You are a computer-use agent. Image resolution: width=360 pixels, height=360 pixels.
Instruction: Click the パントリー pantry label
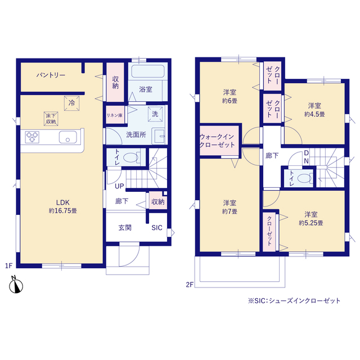(x=51, y=75)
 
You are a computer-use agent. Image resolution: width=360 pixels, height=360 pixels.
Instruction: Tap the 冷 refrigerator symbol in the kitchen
(x=71, y=103)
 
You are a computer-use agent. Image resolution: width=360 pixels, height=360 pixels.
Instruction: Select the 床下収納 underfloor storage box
(x=51, y=119)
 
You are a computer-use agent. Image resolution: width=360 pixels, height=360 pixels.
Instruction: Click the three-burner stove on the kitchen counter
(x=32, y=137)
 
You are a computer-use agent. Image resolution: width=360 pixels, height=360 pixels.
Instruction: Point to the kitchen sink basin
(x=67, y=137)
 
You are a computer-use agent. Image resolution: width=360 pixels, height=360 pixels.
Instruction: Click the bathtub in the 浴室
(x=148, y=71)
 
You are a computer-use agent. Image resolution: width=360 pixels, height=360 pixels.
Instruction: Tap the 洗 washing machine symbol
(x=155, y=114)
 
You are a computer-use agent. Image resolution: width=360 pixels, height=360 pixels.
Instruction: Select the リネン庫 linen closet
(x=115, y=115)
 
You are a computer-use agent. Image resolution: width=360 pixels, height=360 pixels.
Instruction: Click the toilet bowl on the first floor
(x=130, y=157)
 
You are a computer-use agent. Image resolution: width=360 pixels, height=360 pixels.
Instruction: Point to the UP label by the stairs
(x=119, y=186)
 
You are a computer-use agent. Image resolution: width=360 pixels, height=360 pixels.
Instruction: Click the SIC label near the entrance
(x=157, y=228)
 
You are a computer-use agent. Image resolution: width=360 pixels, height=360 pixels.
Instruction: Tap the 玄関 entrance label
(x=125, y=228)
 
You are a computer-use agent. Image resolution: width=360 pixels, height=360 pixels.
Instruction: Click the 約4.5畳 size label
(x=314, y=114)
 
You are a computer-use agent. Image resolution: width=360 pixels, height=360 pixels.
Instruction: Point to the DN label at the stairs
(x=306, y=157)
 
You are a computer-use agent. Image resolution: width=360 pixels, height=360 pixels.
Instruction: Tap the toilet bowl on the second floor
(x=304, y=178)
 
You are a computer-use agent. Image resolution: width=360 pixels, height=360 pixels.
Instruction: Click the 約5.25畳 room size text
(x=311, y=223)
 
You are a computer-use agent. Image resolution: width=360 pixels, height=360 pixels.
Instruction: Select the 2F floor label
(x=190, y=285)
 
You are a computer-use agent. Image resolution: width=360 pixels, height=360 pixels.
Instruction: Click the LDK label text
(x=63, y=202)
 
